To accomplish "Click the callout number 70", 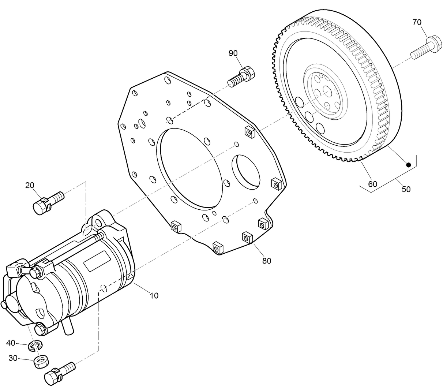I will coord(417,22).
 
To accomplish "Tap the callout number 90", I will coord(233,53).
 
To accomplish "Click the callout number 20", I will coord(30,185).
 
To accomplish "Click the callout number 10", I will coord(154,295).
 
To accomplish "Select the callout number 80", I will coord(267,261).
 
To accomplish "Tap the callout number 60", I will coord(372,184).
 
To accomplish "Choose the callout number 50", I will coord(406,189).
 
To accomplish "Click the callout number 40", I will coord(11,343).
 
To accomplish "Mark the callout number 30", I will coord(13,358).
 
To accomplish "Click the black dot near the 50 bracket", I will coord(409,165).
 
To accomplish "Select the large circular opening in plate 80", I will coord(190,168).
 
